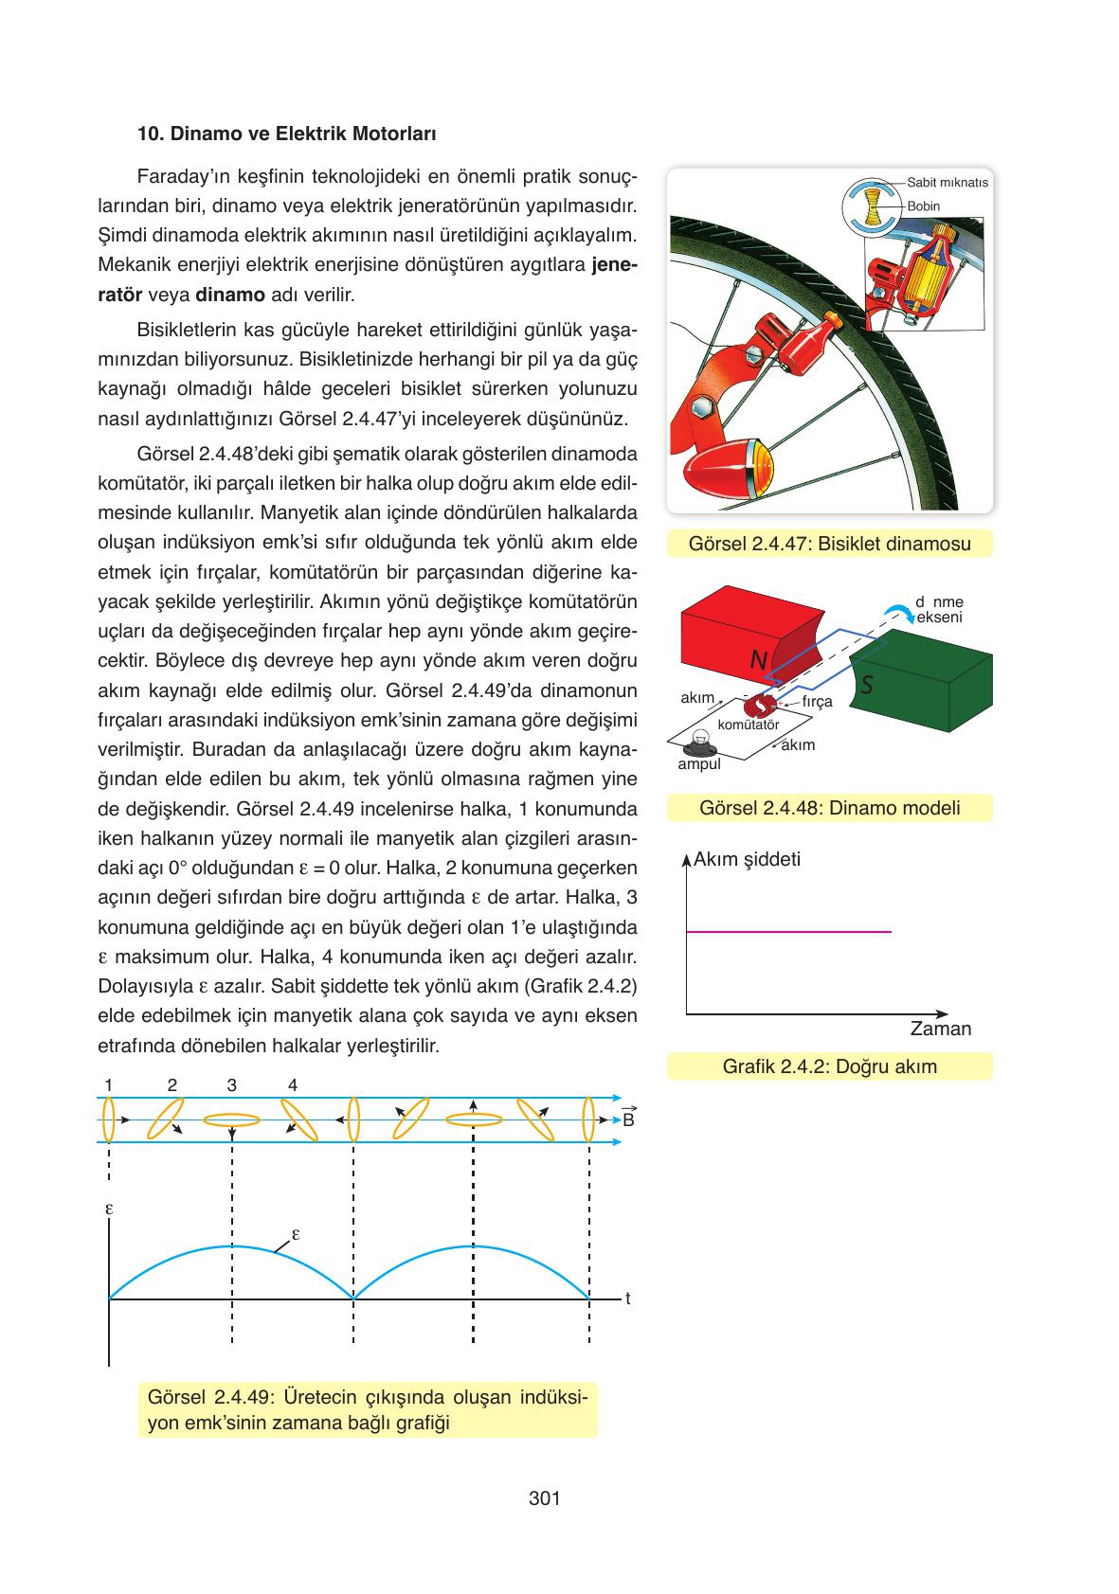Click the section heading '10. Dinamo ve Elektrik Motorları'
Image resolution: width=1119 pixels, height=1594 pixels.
286,134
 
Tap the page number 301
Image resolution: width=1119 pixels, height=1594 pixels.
545,1498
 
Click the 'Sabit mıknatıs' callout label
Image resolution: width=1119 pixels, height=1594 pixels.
947,182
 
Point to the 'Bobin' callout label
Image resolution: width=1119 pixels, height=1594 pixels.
923,206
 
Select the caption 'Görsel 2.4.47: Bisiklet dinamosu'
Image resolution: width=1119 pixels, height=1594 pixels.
829,545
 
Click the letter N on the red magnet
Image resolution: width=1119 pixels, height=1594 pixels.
758,660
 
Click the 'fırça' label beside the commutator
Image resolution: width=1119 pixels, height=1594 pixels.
817,702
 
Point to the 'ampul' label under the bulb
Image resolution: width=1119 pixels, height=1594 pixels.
699,764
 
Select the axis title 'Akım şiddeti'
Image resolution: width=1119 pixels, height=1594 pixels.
747,859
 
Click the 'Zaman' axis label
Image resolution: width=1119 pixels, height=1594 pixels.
940,1029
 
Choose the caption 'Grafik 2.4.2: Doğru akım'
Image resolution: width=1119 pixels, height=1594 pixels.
829,1066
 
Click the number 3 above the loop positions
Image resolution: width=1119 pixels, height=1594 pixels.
232,1085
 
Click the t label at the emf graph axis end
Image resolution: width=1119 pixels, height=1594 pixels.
627,1299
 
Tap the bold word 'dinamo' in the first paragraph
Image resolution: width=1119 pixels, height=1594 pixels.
230,295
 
